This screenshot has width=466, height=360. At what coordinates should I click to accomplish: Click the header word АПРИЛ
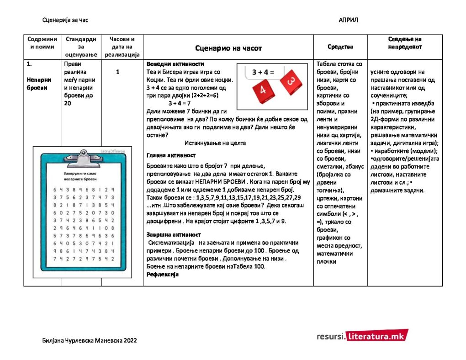tap(349, 20)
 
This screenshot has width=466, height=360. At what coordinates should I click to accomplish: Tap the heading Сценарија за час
tap(65, 20)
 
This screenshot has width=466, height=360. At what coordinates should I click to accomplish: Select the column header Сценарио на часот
tap(228, 48)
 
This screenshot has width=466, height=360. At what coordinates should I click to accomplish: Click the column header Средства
tap(340, 47)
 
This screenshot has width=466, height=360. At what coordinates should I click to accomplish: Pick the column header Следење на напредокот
tap(405, 43)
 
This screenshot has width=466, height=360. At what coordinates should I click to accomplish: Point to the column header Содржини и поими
tap(42, 43)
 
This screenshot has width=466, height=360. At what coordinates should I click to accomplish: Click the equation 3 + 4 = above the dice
tap(263, 72)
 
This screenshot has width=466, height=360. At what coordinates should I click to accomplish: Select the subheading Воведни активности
tap(175, 64)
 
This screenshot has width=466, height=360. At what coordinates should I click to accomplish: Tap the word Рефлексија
tap(162, 275)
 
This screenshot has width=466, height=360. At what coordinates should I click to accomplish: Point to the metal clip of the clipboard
tap(83, 157)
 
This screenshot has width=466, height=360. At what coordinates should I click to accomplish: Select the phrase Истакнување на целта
tap(215, 143)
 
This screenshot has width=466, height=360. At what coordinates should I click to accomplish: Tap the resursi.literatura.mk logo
tap(362, 336)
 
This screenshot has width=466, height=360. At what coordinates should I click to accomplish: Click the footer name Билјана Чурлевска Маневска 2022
tap(89, 340)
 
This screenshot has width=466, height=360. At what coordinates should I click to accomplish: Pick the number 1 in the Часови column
tap(118, 72)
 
